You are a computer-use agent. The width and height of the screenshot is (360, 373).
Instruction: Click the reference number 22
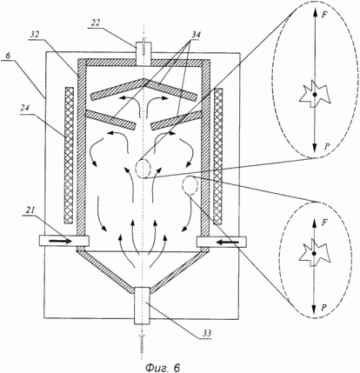(95, 23)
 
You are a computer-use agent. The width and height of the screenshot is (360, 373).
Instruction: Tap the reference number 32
(35, 35)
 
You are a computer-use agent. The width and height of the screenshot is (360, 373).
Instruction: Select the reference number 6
(9, 56)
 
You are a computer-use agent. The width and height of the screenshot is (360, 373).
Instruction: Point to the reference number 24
(24, 109)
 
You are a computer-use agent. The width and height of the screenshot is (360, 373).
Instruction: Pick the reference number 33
(206, 333)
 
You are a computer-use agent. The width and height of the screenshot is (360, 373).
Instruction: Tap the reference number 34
(196, 35)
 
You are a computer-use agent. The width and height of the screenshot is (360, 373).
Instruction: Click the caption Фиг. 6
(163, 367)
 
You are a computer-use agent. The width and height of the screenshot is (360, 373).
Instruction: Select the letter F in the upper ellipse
(325, 15)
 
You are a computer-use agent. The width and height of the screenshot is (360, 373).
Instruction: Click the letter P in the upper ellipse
(327, 147)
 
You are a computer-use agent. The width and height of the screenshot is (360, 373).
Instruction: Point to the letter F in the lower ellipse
(325, 223)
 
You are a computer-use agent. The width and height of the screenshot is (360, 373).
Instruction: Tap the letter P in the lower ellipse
(325, 308)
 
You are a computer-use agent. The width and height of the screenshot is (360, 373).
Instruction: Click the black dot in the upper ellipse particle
(315, 95)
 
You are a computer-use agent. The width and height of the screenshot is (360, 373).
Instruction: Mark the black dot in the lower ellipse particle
(314, 254)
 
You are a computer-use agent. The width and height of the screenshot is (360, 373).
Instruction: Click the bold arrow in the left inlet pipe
(59, 241)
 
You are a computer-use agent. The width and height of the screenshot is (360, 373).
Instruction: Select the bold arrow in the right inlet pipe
(228, 241)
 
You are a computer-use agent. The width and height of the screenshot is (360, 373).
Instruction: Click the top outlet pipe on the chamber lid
(143, 53)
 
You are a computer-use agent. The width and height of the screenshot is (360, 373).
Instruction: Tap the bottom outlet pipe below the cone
(142, 305)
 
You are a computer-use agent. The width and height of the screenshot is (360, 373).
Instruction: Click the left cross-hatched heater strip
(69, 155)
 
